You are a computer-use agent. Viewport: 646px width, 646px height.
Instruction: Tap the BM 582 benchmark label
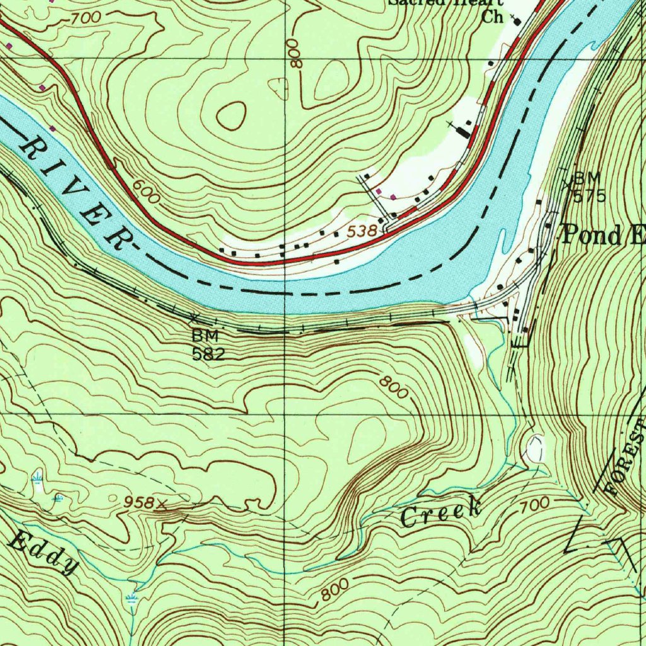208,344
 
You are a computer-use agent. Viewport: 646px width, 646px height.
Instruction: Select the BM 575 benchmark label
589,187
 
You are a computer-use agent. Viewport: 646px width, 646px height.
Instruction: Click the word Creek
442,512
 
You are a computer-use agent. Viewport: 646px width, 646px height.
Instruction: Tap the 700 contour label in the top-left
85,18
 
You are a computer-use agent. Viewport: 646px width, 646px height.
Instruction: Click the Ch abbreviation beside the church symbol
491,18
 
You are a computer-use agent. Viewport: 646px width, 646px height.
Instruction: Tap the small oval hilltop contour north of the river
232,115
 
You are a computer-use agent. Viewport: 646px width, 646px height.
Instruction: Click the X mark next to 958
163,503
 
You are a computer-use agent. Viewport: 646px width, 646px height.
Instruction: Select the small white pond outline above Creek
534,449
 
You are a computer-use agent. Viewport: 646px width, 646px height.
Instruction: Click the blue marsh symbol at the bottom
132,597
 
